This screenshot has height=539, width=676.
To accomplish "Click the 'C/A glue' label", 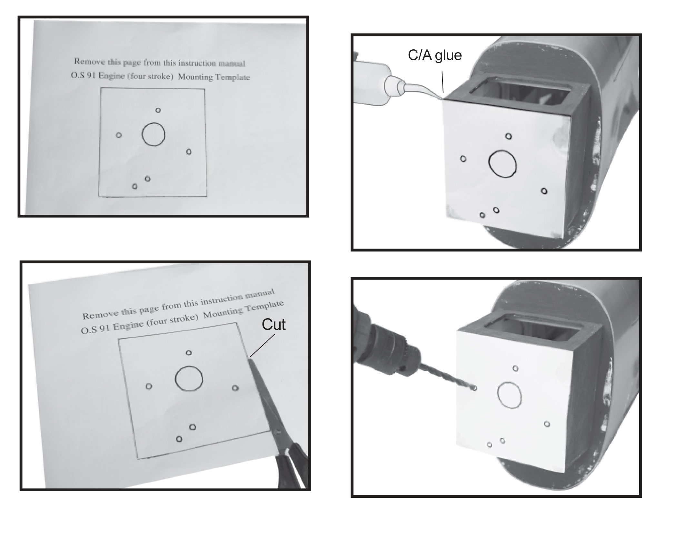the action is (x=435, y=55).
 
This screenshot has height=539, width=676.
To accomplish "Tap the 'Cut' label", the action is (x=273, y=324).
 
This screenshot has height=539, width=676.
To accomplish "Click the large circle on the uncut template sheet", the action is (x=153, y=134).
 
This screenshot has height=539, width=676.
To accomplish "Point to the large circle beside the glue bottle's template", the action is (x=502, y=164).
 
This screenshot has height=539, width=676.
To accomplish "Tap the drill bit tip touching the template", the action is (x=474, y=388).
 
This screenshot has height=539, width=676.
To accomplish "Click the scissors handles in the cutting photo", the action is (x=292, y=464).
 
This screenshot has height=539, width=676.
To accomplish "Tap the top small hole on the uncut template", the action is (x=158, y=110).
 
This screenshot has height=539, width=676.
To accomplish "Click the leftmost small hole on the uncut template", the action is (x=119, y=135).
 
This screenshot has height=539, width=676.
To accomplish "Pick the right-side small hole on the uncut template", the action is (x=189, y=152).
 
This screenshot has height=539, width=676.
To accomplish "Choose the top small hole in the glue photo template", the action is (x=509, y=136).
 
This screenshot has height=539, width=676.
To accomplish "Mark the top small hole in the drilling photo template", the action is (x=515, y=368).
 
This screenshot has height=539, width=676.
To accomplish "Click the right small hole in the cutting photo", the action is (x=235, y=388).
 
